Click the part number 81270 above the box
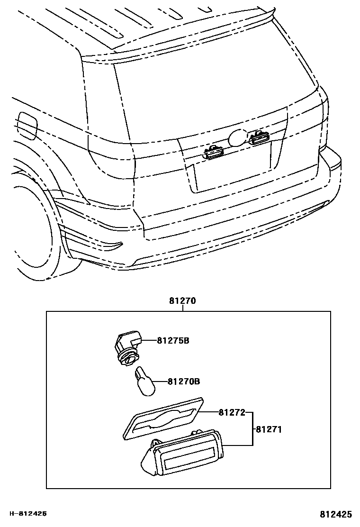pos(182,300)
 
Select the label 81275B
pos(173,340)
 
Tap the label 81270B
pos(183,381)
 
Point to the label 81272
pos(232,412)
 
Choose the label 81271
pos(269,429)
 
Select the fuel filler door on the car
pos(27,125)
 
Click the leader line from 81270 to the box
pos(182,308)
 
